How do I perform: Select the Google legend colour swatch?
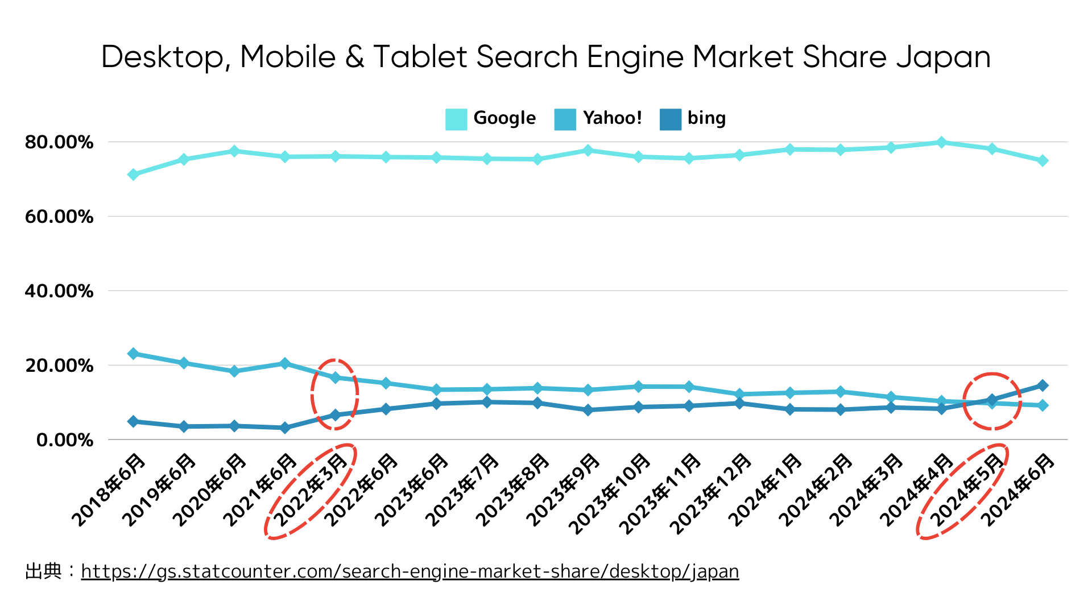pos(456,119)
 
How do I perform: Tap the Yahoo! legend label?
pos(612,118)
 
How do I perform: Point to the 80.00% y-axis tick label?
pos(59,142)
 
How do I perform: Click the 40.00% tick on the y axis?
pos(59,291)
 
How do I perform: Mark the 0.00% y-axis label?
pos(65,440)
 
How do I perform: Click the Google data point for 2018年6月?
pos(133,175)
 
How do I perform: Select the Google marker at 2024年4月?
pos(941,142)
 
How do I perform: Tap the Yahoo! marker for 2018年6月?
pos(133,354)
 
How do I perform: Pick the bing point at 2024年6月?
pos(1043,385)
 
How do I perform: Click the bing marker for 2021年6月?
pos(285,428)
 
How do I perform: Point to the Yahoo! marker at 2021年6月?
pos(285,363)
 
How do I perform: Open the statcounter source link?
pos(410,571)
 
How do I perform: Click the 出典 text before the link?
pos(43,571)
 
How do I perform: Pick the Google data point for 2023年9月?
pos(588,151)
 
